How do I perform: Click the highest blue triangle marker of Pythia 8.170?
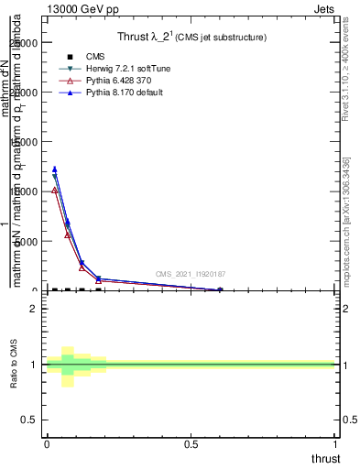tap(55, 169)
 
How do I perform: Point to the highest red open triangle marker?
tap(55, 190)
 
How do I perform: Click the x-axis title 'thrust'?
tap(324, 458)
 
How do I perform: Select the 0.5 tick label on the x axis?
tap(191, 443)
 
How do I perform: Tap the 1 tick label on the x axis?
tap(336, 443)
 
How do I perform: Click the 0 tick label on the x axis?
tap(47, 443)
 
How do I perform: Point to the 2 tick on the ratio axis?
tap(34, 309)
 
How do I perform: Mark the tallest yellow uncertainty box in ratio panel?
tap(68, 366)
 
